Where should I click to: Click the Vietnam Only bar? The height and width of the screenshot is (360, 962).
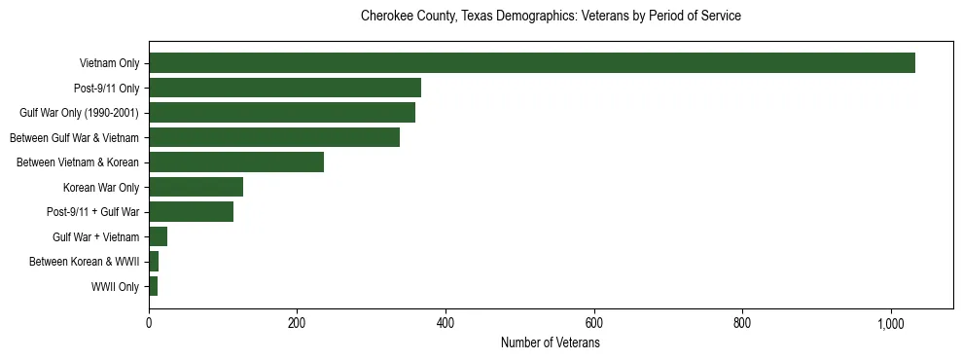pos(531,63)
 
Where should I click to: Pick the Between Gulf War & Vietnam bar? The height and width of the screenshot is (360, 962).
pos(274,137)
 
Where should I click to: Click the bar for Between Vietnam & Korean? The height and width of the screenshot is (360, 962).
pos(236,162)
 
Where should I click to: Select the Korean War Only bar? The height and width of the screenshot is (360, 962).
pos(196,187)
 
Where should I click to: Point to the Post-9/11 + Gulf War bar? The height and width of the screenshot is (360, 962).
pos(191,212)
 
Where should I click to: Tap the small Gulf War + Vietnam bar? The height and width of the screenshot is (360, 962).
pos(159,236)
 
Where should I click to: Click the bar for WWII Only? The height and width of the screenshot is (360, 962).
pos(154,286)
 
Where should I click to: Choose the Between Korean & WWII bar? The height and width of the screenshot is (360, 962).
pos(154,262)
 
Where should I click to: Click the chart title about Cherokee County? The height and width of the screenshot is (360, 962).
pos(551,17)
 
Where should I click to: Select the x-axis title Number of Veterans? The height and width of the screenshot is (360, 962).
pos(551,343)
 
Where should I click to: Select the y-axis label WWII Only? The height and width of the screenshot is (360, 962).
pos(115,287)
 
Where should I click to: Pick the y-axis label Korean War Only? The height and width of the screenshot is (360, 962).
pos(101,188)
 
